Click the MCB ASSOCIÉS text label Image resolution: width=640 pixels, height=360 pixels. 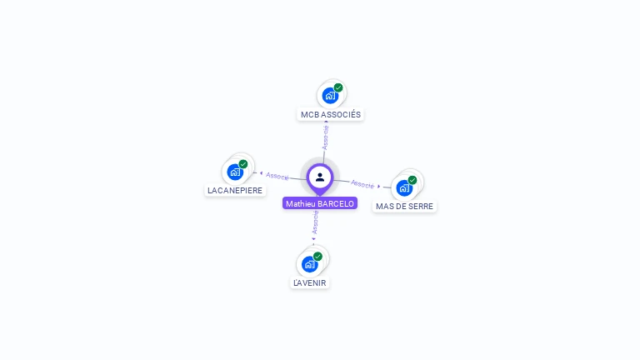[331, 114]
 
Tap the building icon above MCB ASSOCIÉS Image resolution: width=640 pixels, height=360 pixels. [330, 96]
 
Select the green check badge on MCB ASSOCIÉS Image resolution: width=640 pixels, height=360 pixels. [338, 87]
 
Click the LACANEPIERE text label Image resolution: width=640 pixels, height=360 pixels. [235, 190]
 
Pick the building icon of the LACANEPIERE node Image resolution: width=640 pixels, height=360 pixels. [235, 172]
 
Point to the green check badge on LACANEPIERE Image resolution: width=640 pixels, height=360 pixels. [243, 164]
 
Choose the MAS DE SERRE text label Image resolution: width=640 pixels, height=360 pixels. [404, 206]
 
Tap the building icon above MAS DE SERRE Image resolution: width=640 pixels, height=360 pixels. [404, 187]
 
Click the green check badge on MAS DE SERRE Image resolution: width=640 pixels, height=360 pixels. [412, 180]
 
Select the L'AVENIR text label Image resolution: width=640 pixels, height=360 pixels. [310, 282]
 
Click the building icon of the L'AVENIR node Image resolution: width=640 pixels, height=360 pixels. [309, 265]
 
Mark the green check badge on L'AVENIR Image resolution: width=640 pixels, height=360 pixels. [317, 257]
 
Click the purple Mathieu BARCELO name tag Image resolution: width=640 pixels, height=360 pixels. [320, 203]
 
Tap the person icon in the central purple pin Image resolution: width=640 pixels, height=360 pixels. [320, 177]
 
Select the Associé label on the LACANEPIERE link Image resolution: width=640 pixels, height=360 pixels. [277, 177]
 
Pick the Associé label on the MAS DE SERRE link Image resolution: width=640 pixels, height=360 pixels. [363, 183]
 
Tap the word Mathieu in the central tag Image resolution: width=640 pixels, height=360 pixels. [300, 203]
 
